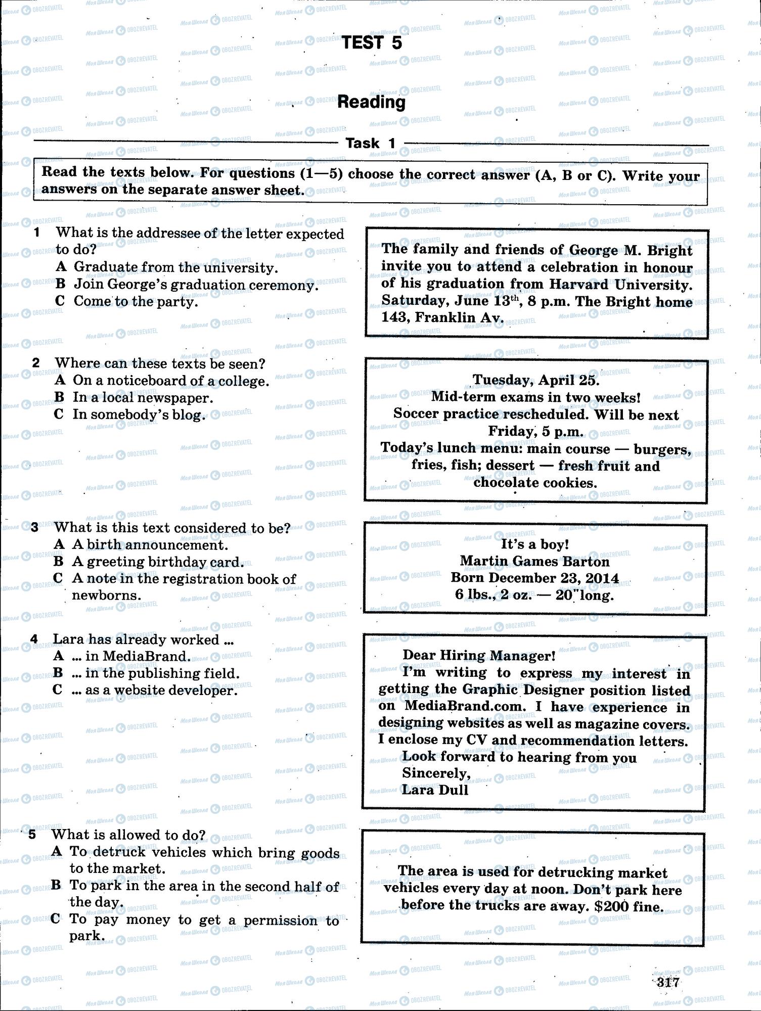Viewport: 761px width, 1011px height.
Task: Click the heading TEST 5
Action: click(x=372, y=43)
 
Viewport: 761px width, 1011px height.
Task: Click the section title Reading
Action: click(x=372, y=102)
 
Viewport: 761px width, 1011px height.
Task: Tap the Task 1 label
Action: click(x=371, y=144)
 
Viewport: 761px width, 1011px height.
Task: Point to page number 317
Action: click(x=667, y=982)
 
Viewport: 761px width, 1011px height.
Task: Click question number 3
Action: click(x=35, y=528)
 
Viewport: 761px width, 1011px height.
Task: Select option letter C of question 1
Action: click(x=60, y=301)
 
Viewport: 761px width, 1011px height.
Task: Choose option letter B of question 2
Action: click(x=59, y=397)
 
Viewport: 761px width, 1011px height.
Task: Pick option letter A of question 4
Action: click(x=59, y=656)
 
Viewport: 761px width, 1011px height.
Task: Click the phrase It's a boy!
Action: click(x=534, y=544)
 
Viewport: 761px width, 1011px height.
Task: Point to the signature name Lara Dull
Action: click(x=435, y=790)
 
